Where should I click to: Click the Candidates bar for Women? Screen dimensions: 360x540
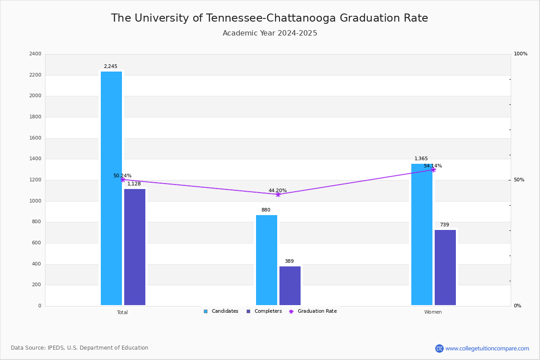point(422,234)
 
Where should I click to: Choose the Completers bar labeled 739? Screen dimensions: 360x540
point(445,267)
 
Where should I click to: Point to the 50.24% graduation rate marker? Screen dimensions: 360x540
point(123,180)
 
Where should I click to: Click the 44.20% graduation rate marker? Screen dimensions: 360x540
point(278,194)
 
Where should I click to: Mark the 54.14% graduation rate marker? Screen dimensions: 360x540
point(433,170)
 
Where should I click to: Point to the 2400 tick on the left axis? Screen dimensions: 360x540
point(35,54)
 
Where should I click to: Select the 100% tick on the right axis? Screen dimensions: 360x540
point(521,54)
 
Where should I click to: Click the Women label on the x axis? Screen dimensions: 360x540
point(433,312)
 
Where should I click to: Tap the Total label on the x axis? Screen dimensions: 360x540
point(122,312)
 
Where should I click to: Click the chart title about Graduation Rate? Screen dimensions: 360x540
point(270,18)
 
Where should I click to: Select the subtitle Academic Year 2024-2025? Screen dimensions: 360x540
point(270,33)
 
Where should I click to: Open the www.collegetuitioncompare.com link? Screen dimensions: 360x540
point(487,348)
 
